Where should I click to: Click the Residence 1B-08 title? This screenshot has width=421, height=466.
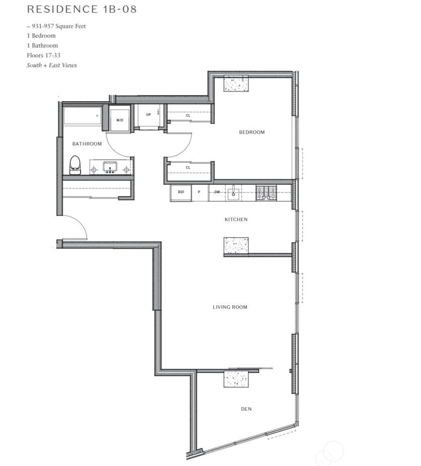coord(82,9)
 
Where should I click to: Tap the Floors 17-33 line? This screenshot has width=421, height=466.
coord(43,55)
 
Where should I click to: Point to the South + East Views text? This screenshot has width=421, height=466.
coord(52,65)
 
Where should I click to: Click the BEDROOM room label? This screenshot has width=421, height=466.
coord(252,132)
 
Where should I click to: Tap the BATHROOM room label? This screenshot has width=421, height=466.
coord(87,144)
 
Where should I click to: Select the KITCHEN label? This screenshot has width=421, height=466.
coord(236,220)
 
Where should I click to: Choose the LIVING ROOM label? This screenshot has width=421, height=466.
coord(230,307)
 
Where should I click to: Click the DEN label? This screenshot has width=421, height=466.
coord(246,409)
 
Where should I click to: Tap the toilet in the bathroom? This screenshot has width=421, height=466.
coord(75,165)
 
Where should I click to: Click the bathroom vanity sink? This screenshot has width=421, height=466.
coord(110,167)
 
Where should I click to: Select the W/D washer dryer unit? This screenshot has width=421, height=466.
coord(120,120)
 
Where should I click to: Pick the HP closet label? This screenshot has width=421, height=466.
coord(148,115)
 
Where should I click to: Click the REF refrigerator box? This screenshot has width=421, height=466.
coord(181,192)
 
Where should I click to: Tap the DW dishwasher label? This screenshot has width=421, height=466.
coord(217,192)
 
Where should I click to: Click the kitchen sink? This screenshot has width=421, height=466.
coord(233,193)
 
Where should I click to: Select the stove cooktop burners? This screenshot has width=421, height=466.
coord(266,193)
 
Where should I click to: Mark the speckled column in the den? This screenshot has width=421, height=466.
coord(236,379)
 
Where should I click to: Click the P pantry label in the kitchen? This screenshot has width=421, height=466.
coord(199,192)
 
